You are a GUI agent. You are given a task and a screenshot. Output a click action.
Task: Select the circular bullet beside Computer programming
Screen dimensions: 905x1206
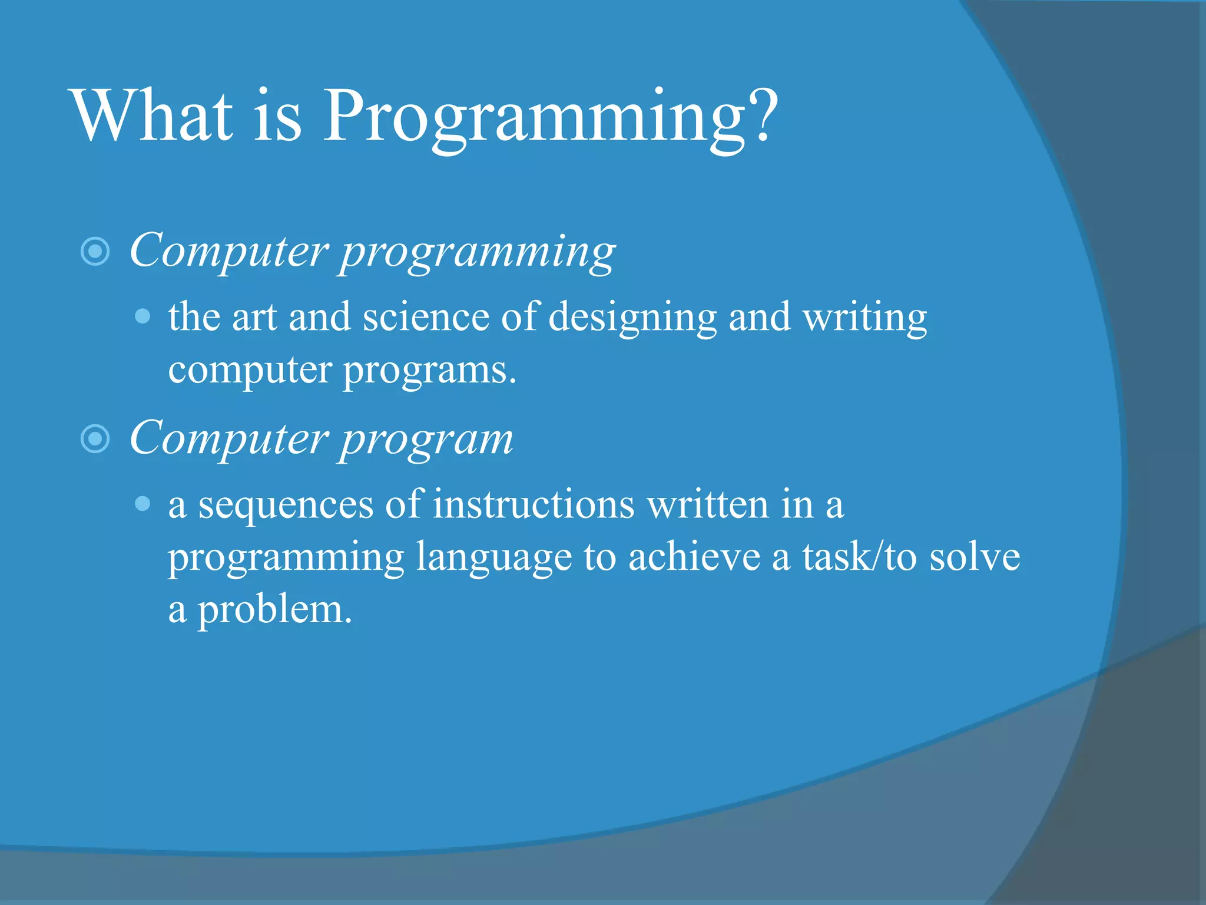(95, 252)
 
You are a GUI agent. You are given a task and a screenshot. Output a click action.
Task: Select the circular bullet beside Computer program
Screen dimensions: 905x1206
(95, 439)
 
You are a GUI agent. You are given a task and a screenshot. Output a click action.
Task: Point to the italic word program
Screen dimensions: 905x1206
(427, 441)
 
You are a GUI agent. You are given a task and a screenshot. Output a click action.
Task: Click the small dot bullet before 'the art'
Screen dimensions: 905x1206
(143, 317)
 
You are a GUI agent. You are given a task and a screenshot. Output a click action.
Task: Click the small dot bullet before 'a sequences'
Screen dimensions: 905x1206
(143, 504)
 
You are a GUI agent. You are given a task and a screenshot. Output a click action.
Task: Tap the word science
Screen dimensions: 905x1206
(425, 317)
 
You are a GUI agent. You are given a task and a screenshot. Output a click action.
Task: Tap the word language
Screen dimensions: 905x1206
(493, 559)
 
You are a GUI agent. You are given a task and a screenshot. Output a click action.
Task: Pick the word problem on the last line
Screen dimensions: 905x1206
(274, 611)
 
